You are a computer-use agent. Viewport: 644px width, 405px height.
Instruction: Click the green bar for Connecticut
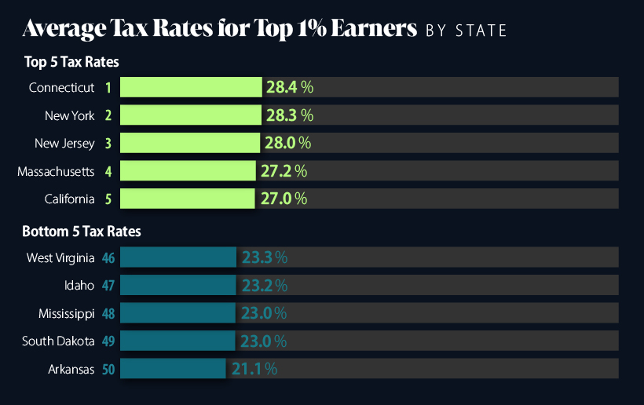tap(191, 87)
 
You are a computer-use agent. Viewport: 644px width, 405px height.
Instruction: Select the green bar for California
tap(188, 199)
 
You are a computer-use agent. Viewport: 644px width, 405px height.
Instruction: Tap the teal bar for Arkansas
tap(173, 368)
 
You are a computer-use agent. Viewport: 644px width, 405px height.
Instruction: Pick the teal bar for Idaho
tap(178, 285)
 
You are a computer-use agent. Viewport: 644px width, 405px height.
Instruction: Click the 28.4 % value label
tap(289, 87)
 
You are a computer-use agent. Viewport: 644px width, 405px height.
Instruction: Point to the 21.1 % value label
tap(254, 368)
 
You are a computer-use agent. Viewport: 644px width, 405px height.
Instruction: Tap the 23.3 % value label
tap(264, 257)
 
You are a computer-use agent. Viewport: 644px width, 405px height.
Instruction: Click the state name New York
tap(69, 115)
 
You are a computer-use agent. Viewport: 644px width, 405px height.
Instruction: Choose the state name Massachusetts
tap(56, 170)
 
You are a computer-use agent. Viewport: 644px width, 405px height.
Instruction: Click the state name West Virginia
tap(60, 257)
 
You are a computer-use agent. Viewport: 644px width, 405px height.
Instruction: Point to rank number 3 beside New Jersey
tap(108, 143)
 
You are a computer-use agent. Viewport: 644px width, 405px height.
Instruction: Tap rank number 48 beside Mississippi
tap(108, 313)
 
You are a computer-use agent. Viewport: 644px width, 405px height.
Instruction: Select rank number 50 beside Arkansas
tap(108, 368)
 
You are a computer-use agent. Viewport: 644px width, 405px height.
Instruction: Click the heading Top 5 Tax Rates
tap(71, 61)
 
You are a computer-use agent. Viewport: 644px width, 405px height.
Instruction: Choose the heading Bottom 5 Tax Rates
tap(82, 232)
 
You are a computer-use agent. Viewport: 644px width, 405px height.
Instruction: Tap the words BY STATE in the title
tap(466, 31)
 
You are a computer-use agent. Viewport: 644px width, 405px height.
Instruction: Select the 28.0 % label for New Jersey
tap(287, 143)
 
